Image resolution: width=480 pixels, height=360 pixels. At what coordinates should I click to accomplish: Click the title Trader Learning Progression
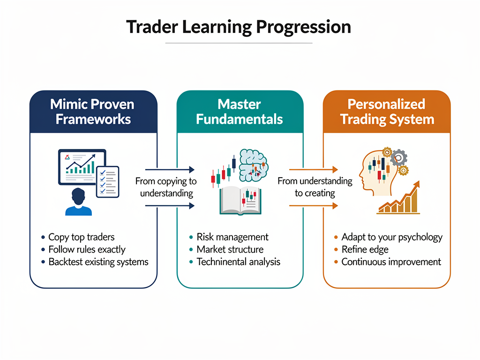(239, 27)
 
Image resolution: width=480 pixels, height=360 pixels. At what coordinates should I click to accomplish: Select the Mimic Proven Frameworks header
(93, 112)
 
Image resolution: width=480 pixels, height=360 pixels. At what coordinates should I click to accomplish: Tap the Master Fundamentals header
(240, 112)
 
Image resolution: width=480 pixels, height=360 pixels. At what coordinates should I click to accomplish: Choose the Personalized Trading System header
(387, 112)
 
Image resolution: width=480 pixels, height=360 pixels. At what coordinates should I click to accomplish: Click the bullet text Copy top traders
(81, 237)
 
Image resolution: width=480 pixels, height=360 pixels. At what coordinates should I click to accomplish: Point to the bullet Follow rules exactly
(87, 249)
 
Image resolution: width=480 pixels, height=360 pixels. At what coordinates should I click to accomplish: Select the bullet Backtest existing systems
(98, 262)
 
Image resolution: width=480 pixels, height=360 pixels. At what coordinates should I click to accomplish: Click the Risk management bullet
(232, 237)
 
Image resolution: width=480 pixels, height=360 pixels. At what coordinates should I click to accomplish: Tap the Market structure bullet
(230, 249)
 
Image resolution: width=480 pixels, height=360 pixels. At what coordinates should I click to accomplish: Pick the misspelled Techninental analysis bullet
(238, 262)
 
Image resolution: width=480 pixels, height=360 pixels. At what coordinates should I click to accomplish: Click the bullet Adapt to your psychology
(391, 237)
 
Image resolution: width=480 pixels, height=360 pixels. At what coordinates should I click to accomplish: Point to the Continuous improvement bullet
(391, 262)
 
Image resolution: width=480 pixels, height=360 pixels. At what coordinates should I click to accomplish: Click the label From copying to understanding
(166, 187)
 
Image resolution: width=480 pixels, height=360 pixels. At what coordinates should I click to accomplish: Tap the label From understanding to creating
(315, 187)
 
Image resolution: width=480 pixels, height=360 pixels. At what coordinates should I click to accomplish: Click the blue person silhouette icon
(78, 202)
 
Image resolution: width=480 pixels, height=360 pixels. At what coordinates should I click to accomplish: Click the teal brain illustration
(253, 164)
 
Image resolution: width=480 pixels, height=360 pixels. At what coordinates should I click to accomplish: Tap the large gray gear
(399, 157)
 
